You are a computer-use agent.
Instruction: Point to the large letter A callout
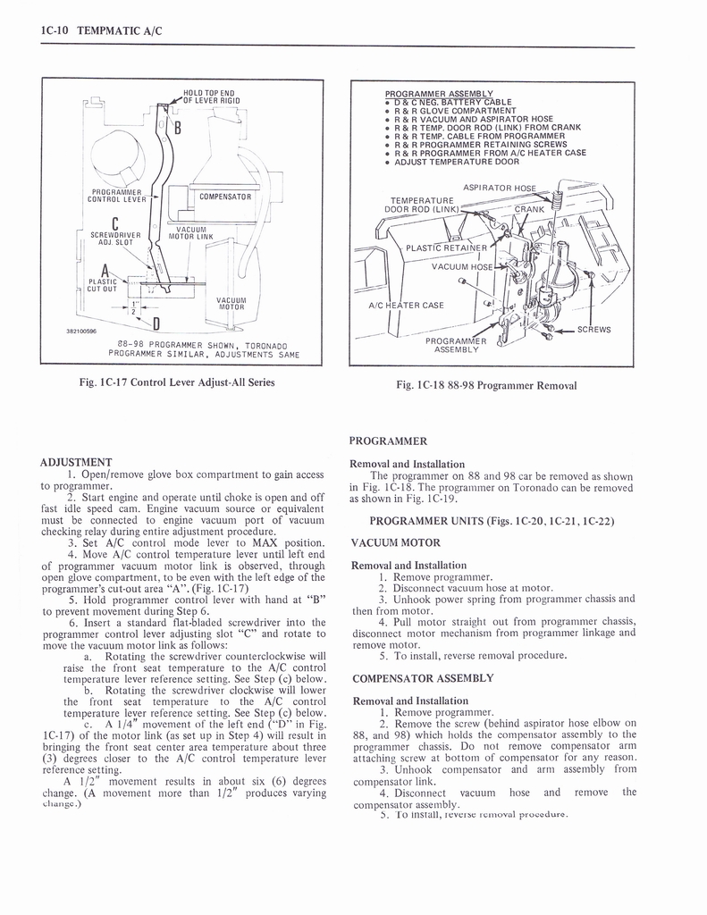(x=105, y=271)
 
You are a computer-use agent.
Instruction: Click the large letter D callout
(x=156, y=323)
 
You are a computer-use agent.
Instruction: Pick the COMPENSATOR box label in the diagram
(x=224, y=196)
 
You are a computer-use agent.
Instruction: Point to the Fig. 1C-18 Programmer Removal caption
(x=487, y=385)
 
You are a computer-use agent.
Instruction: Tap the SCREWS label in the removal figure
(x=593, y=330)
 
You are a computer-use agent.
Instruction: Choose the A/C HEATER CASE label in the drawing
(x=406, y=305)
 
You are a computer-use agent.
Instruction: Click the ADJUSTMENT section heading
(x=76, y=462)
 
